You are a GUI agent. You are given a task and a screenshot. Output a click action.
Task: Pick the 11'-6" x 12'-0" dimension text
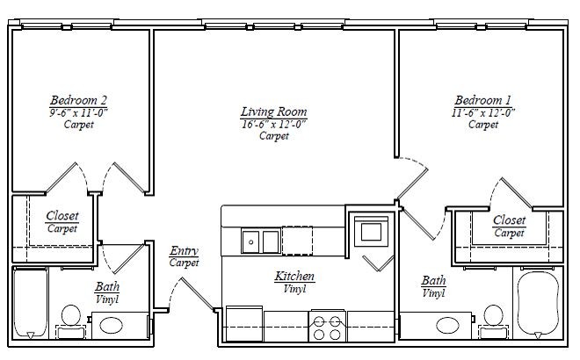point(483,112)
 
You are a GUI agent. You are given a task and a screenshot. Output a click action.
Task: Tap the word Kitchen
point(294,276)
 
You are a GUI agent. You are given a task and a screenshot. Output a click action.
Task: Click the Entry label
point(184,251)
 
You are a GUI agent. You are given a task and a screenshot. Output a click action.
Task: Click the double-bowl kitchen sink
point(261,239)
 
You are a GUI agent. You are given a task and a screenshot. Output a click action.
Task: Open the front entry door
point(197,293)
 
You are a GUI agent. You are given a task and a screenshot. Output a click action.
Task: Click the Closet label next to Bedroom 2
point(62,216)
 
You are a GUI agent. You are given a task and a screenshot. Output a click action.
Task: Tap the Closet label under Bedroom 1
point(510,220)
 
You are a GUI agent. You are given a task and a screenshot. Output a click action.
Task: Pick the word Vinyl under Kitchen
point(294,288)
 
